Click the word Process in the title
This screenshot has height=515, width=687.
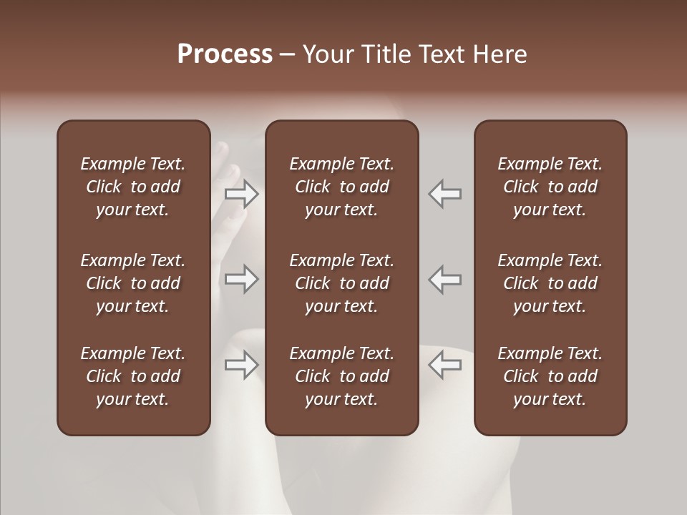[225, 54]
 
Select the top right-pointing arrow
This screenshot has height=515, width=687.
[242, 194]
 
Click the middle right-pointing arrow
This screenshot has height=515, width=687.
[242, 279]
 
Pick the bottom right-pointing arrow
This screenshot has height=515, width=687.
[242, 365]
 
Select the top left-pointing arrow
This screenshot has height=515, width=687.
[445, 194]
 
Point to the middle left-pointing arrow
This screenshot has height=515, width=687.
[445, 279]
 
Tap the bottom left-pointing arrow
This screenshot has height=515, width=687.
[445, 365]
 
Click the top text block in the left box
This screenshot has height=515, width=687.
[133, 187]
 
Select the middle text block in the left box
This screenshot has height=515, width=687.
[133, 283]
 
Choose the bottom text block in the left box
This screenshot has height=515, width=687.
[133, 376]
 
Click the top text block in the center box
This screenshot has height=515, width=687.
[342, 187]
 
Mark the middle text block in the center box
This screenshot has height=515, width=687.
[342, 283]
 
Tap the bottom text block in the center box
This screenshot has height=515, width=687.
[342, 376]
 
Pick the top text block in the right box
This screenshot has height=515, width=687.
[550, 187]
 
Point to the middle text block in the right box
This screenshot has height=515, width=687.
[550, 283]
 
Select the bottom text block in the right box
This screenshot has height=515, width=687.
[550, 376]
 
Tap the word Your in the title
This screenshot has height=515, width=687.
[325, 54]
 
